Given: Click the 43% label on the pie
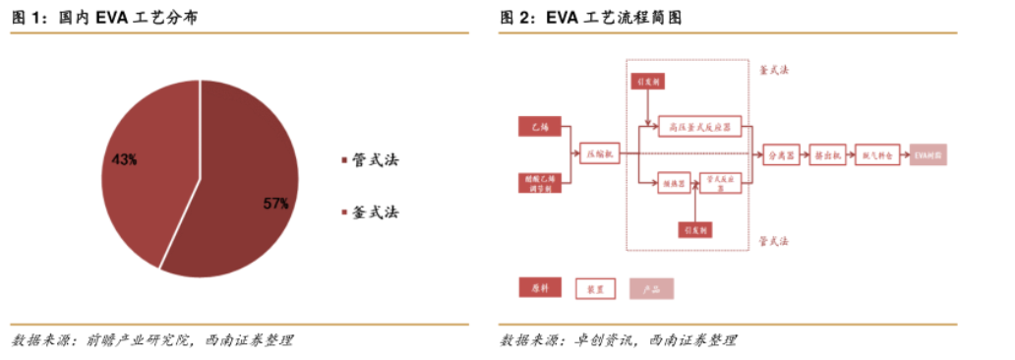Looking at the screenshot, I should (x=125, y=158).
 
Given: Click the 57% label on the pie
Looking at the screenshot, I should (x=275, y=204).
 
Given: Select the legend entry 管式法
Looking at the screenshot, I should (x=370, y=160).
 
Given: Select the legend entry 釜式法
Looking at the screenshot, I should (x=370, y=211).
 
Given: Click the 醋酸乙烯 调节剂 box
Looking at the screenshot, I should (x=540, y=184).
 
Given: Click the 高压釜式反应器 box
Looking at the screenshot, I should (x=699, y=126).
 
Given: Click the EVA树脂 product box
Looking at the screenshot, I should (x=927, y=154).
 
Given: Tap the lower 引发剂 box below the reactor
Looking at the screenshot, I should (x=695, y=228).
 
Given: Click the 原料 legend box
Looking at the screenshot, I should (x=540, y=288).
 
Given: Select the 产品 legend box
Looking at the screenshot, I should (x=651, y=288).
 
